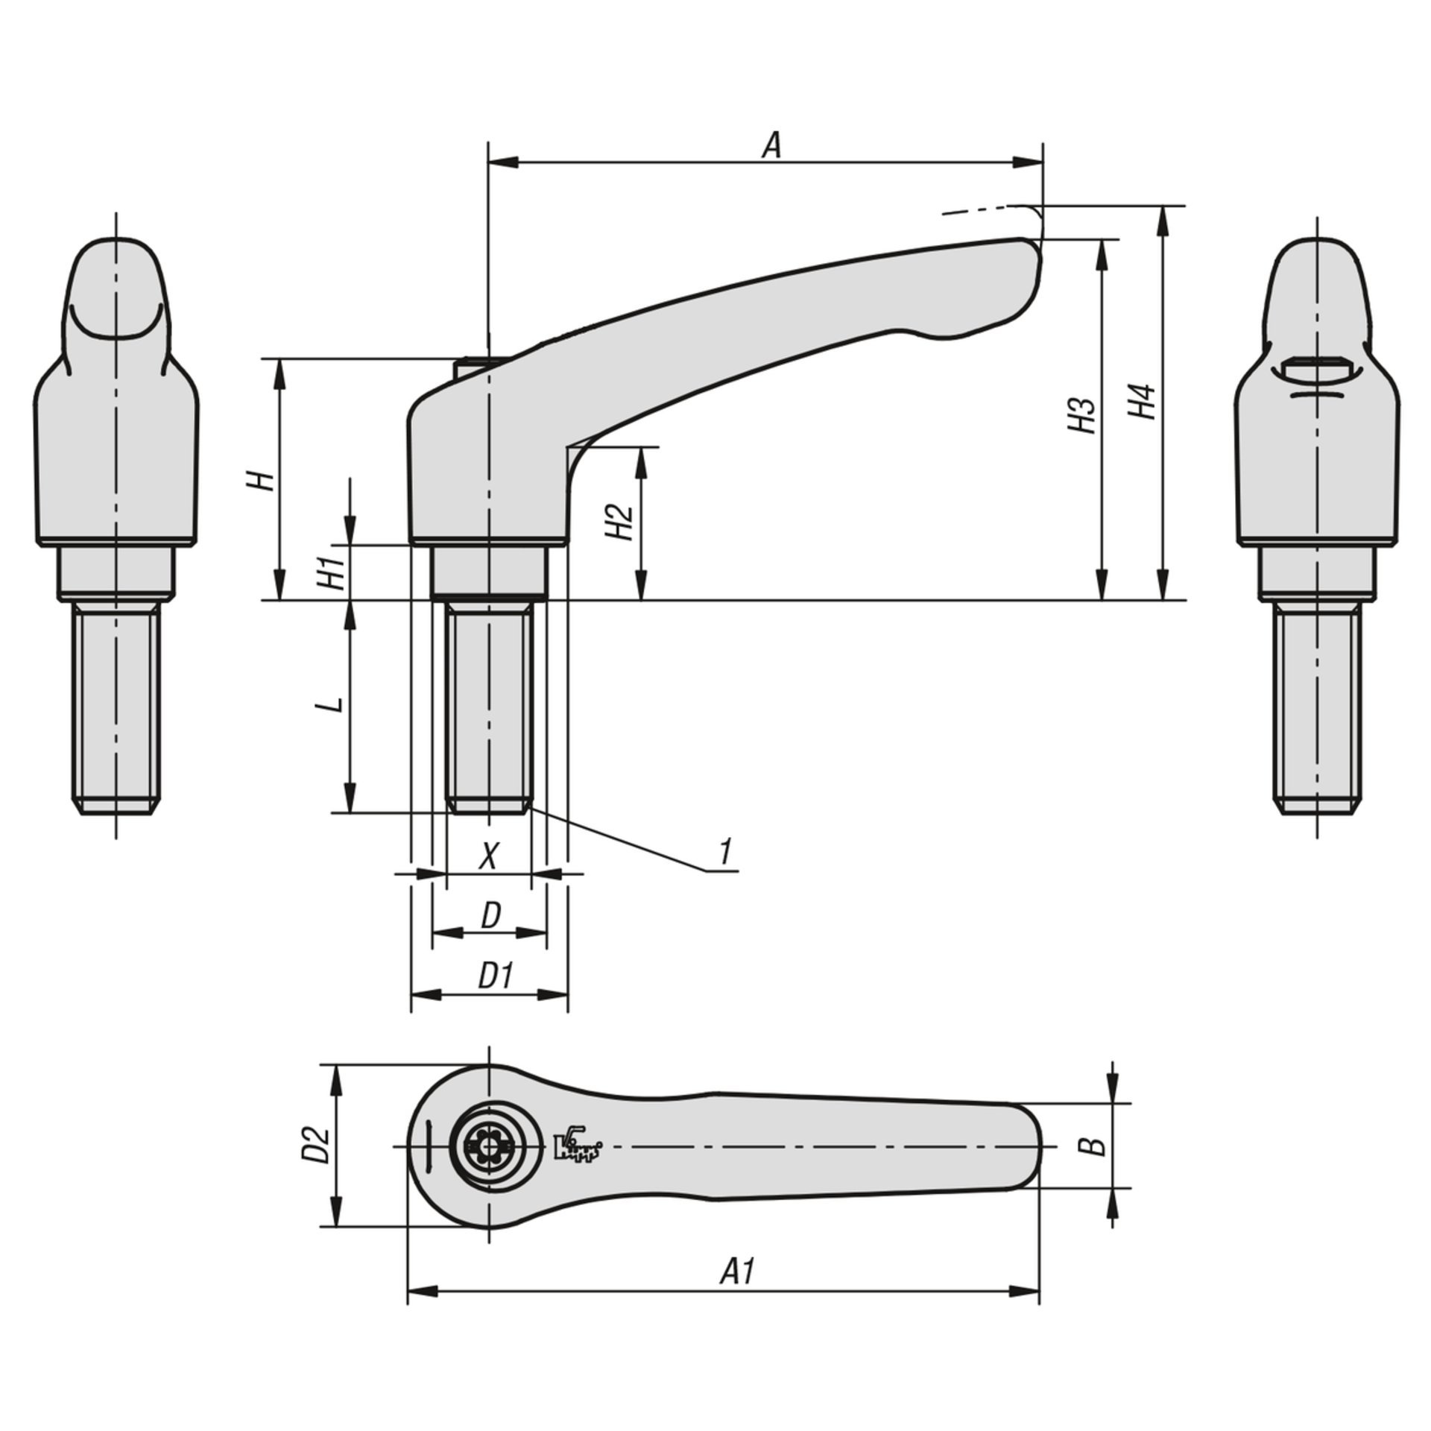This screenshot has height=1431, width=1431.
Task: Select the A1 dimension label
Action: coord(739,1272)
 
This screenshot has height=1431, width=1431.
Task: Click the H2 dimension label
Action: coord(620,521)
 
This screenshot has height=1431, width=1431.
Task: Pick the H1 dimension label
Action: coord(336,572)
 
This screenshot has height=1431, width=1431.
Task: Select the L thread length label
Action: coord(336,704)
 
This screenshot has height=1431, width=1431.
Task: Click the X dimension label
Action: coord(488,856)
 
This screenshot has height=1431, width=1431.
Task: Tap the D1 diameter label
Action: coord(496,976)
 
